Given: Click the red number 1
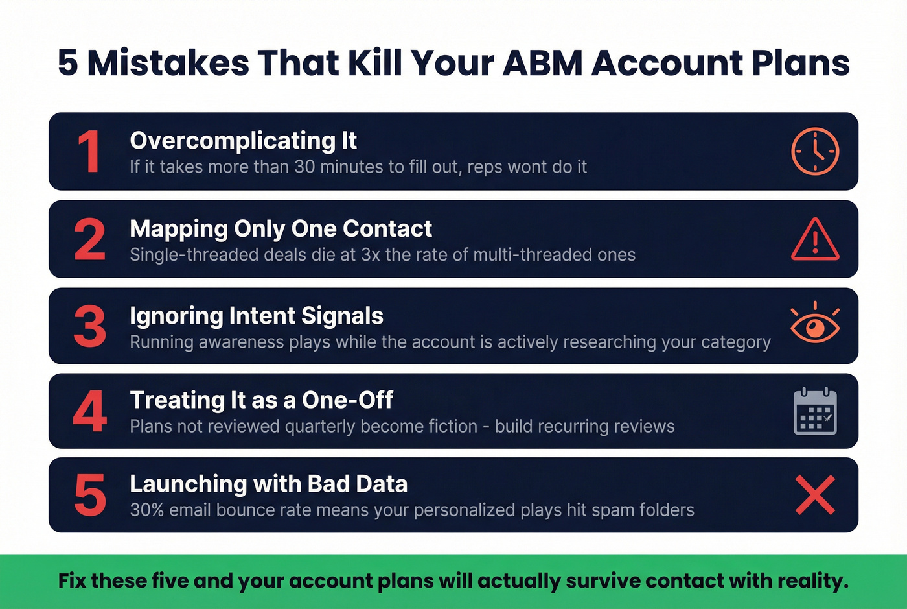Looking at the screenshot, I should [x=89, y=152].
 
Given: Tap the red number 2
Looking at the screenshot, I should [x=89, y=239].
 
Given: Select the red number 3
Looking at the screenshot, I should [x=89, y=326].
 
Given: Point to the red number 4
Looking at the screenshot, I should [x=89, y=411].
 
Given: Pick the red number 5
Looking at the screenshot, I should [x=89, y=495].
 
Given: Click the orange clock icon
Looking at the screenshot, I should [x=815, y=151].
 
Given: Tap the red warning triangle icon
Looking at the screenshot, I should [x=815, y=239].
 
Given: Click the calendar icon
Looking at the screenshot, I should [x=815, y=411].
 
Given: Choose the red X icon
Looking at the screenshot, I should [x=815, y=495].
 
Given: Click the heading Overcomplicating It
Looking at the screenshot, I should [x=243, y=141].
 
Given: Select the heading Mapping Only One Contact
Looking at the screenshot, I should [x=281, y=229].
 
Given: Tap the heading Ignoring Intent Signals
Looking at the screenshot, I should [x=257, y=316].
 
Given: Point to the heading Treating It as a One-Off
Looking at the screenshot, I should [x=261, y=400].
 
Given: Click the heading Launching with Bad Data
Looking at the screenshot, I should [x=268, y=484].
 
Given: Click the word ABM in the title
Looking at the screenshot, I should [x=542, y=63].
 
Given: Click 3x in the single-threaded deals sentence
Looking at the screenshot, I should [x=370, y=255].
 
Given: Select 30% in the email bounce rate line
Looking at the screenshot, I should [x=146, y=510].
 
